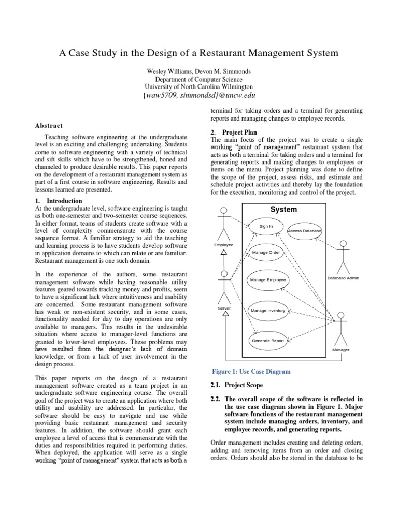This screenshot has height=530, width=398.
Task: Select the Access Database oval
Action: pos(304,230)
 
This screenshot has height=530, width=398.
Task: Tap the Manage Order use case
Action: pos(266,252)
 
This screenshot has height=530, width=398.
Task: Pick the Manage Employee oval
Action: pos(268,279)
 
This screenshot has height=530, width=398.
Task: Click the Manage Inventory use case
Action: pos(268,311)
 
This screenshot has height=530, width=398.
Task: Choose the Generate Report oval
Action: pos(268,340)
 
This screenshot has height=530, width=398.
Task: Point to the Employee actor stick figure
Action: pos(224,224)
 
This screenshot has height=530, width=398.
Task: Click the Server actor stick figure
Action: pos(224,287)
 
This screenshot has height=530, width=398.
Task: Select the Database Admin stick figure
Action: pos(343,257)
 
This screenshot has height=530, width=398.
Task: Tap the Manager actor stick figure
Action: pos(340,329)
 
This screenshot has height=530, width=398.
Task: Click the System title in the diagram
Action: pos(283,210)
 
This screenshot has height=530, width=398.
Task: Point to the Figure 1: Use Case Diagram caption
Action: pos(251,371)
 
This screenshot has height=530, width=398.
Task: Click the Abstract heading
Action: pos(49,125)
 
